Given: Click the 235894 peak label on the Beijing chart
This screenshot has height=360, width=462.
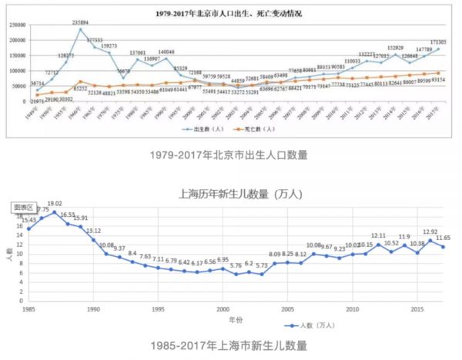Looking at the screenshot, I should (80, 23).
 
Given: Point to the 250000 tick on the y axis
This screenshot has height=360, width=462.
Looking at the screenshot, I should (16, 25).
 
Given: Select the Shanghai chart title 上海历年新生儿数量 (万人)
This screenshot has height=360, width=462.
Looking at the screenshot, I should (234, 193).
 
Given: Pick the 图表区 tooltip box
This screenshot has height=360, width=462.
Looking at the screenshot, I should (23, 208).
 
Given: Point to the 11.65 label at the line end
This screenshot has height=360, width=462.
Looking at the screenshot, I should (443, 239).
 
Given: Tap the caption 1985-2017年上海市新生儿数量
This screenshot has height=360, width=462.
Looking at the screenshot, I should (231, 345).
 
